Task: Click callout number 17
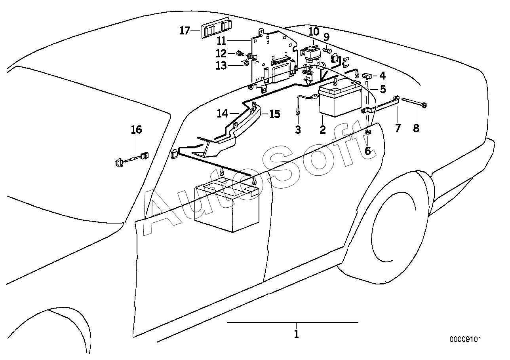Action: click(x=185, y=31)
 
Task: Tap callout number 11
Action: click(x=221, y=41)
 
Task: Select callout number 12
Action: click(x=221, y=53)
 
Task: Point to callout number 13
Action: click(x=221, y=66)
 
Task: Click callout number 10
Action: click(x=314, y=32)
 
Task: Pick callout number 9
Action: click(x=326, y=37)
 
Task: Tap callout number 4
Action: click(x=382, y=76)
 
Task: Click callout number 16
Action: click(x=136, y=130)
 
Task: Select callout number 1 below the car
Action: click(x=296, y=334)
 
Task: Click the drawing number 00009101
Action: click(x=465, y=339)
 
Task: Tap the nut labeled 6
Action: click(x=368, y=131)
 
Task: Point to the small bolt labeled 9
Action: click(x=327, y=50)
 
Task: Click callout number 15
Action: click(x=274, y=114)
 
